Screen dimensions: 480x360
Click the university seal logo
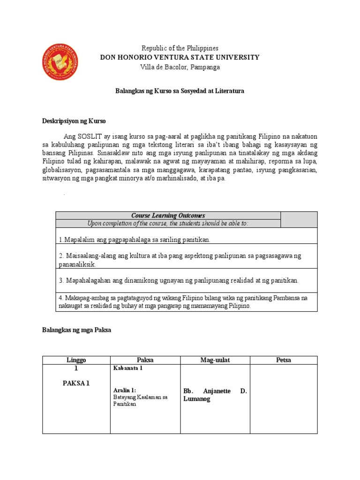coord(60,61)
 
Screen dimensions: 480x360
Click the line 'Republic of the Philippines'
coord(180,48)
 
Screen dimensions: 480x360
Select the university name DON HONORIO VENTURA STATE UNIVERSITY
coord(180,57)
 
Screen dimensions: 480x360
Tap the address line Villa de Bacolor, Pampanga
coord(180,67)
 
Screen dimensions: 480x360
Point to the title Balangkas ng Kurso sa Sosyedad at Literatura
coord(180,91)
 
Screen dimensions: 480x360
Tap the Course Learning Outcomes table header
coord(168,216)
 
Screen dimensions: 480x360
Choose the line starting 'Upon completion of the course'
coord(168,223)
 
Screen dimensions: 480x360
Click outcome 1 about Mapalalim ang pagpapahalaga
coord(135,240)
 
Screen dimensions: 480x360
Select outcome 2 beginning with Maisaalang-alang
coord(180,260)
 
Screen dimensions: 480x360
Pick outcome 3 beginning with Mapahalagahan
coord(179,280)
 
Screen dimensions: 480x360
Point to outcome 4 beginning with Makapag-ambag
coord(183,302)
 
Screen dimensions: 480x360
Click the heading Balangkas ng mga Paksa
coord(76,330)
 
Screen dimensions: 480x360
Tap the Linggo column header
coord(76,360)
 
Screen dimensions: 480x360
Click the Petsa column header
coord(284,360)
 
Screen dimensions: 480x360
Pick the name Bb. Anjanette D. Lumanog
coord(215,395)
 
